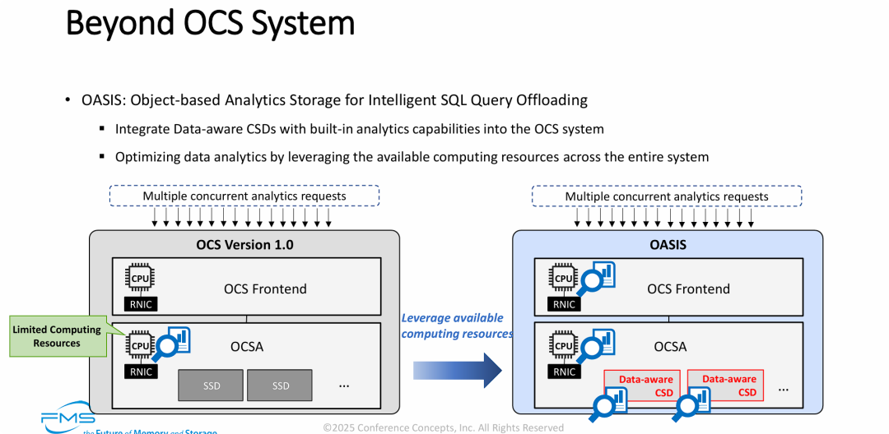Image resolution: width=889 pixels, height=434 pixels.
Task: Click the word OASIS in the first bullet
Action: (x=102, y=100)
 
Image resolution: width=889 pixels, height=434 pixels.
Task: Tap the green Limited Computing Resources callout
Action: (x=58, y=336)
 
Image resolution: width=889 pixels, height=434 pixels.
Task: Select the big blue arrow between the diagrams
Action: (x=458, y=370)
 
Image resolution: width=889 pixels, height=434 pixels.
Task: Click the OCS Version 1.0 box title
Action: (x=244, y=244)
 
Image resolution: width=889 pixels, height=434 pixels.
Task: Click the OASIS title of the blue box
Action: (x=667, y=244)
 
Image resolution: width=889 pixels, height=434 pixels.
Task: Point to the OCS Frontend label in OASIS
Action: (x=688, y=289)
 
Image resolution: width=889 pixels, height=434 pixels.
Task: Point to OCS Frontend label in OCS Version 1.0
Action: (x=265, y=289)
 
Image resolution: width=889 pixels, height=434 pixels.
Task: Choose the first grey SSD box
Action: (x=211, y=386)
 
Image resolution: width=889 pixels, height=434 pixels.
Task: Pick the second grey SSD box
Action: (x=281, y=386)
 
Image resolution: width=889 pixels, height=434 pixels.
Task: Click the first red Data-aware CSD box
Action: (x=646, y=386)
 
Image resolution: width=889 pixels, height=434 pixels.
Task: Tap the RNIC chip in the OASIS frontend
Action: (x=564, y=304)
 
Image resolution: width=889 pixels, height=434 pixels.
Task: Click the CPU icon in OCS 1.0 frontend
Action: (x=141, y=279)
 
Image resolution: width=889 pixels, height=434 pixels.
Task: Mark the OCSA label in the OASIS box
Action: (x=670, y=347)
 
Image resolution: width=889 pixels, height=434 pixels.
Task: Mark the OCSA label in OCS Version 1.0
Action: (x=247, y=347)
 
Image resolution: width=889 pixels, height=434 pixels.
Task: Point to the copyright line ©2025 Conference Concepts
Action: (x=443, y=427)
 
